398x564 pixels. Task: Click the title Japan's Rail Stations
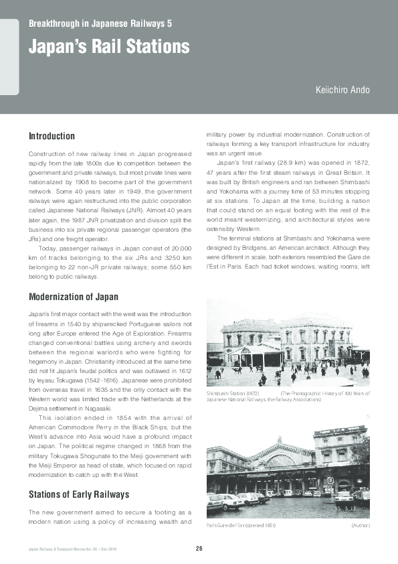tap(109, 48)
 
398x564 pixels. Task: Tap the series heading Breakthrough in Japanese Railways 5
tap(100, 23)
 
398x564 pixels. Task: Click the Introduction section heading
tap(52, 137)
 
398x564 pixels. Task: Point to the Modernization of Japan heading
tap(74, 297)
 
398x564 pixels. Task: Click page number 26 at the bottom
tap(199, 549)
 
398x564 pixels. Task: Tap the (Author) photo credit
tap(360, 525)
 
